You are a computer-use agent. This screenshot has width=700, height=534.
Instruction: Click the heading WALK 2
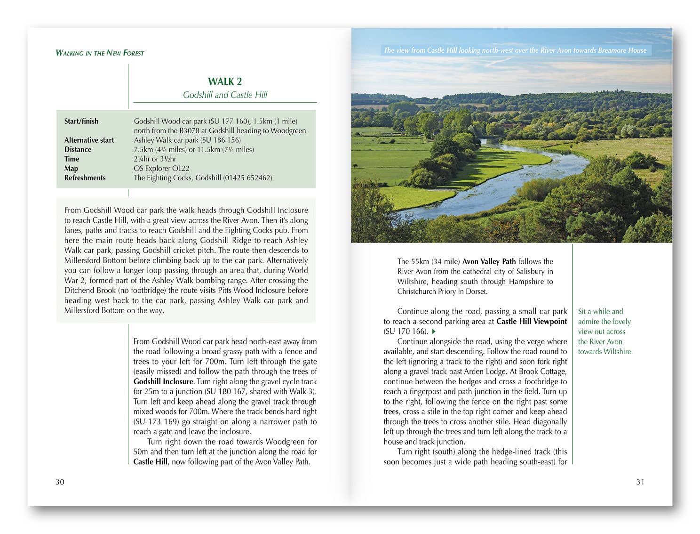(225, 81)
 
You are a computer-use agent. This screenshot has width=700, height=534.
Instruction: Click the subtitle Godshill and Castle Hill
(225, 95)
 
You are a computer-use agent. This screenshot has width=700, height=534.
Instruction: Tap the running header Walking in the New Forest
(100, 53)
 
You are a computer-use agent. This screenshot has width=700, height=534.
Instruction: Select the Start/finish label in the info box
(81, 121)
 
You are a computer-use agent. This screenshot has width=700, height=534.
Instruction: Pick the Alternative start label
(89, 140)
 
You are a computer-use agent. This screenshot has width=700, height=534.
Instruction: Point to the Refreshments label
(85, 178)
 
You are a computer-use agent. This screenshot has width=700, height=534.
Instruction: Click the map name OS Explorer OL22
(161, 168)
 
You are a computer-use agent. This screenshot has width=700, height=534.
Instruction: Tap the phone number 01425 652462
(247, 178)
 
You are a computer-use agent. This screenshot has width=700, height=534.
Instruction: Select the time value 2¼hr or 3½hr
(155, 159)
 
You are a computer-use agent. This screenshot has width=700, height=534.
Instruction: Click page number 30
(60, 482)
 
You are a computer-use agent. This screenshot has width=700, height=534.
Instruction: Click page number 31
(640, 482)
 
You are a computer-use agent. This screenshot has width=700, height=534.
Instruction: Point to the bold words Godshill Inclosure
(163, 381)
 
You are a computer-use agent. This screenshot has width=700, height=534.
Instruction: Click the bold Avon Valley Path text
(489, 261)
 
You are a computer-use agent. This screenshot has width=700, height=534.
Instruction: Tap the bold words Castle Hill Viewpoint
(532, 322)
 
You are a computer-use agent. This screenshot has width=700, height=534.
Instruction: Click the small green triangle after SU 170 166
(434, 332)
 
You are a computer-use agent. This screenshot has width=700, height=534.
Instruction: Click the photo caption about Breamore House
(515, 50)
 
